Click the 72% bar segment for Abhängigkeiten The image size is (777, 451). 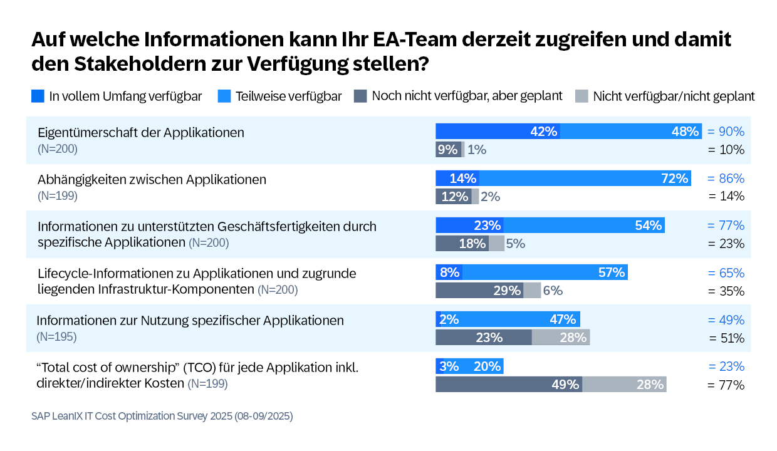(585, 179)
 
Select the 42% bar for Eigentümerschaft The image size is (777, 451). (498, 132)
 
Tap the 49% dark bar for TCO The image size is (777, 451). (509, 384)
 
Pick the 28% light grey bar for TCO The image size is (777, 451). (624, 384)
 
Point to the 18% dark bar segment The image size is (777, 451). (462, 244)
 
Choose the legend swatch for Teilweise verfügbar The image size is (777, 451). (224, 96)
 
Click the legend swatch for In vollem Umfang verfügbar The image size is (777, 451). (38, 96)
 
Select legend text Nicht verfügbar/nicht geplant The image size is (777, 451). (674, 96)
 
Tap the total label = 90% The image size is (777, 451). (726, 132)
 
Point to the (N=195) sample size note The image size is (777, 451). (56, 336)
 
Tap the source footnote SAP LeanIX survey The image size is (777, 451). (162, 416)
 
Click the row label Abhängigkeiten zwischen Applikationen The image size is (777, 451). (152, 180)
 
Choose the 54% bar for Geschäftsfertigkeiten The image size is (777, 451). (584, 225)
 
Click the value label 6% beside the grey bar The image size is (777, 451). (553, 291)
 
